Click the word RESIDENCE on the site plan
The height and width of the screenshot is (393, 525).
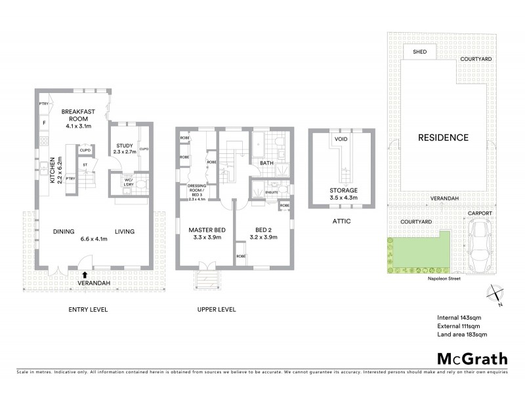click(x=444, y=138)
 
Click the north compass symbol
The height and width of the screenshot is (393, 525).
click(x=495, y=295)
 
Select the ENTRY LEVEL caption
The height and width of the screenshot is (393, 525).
click(x=88, y=309)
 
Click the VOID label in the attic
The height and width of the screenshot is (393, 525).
click(x=341, y=140)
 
